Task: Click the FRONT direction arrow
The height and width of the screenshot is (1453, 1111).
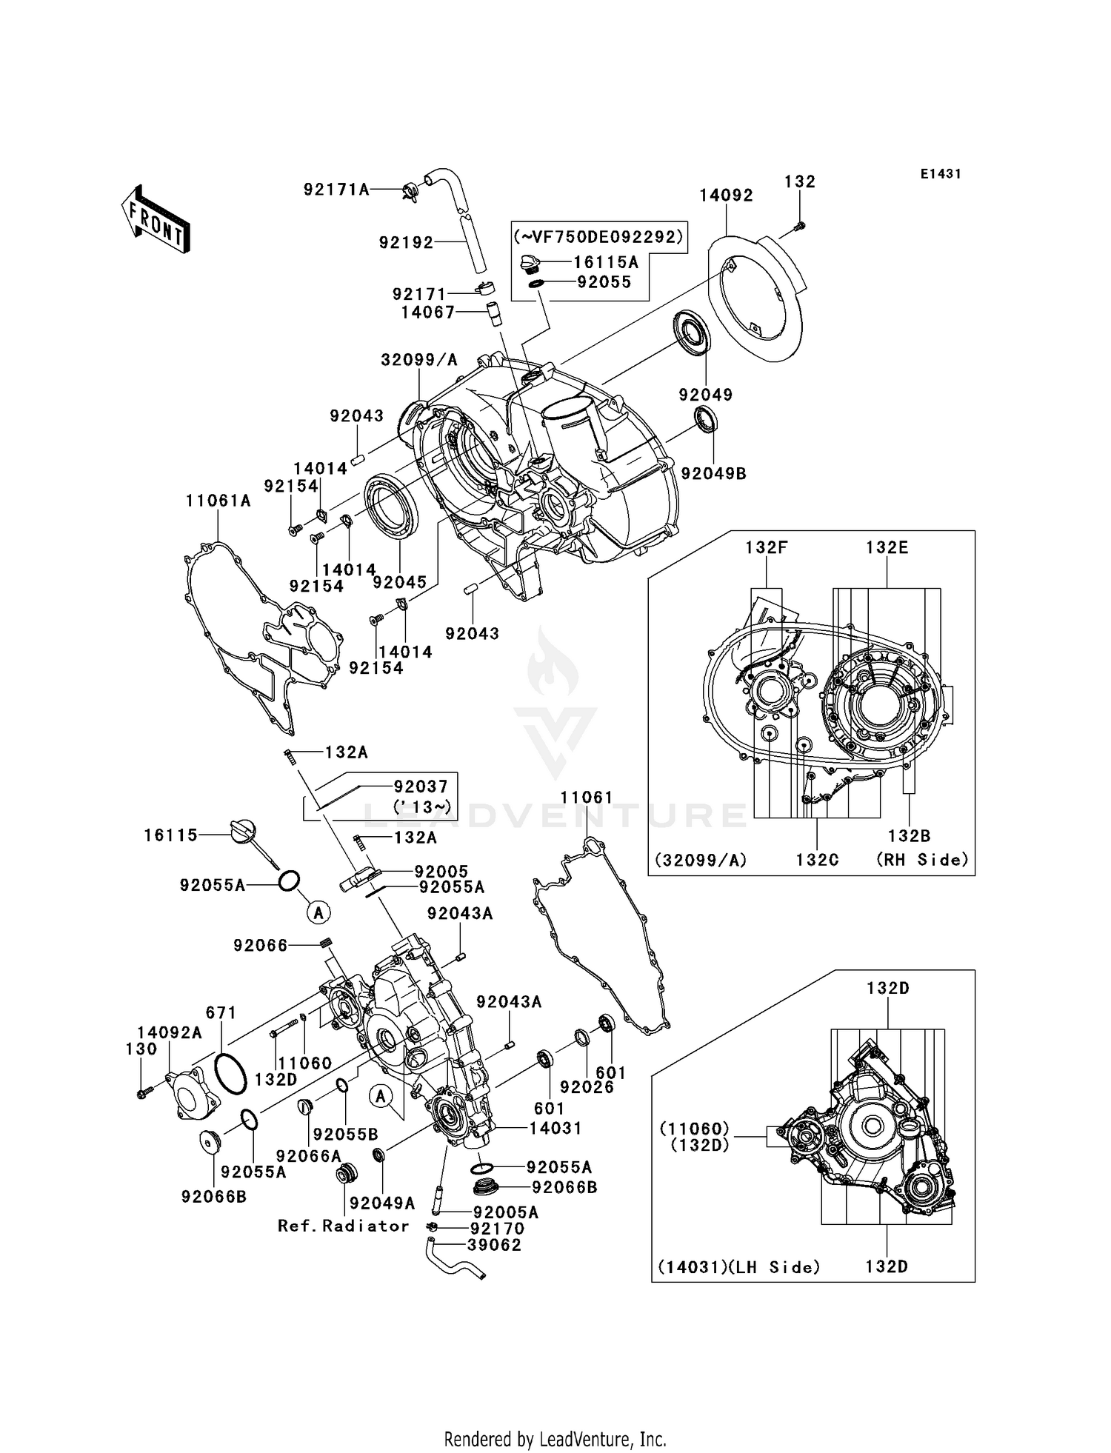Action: point(156,219)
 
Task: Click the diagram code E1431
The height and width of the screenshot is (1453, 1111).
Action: point(941,174)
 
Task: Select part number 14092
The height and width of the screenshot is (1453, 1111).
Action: point(726,196)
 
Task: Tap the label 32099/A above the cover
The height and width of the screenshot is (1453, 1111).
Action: point(419,361)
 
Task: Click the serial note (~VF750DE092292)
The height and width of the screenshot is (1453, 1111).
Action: point(598,237)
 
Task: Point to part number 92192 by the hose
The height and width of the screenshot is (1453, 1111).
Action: point(406,243)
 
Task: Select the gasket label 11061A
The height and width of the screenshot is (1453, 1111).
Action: point(218,501)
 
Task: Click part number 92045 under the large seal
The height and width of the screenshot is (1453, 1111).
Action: point(400,583)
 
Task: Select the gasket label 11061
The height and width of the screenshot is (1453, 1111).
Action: point(587,798)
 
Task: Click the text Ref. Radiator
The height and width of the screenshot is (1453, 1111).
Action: point(343,1226)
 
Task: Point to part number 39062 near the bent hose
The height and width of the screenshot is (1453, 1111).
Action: point(494,1245)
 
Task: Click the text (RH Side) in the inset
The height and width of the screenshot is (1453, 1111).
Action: point(922,860)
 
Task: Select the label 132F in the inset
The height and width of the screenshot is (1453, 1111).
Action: point(766,548)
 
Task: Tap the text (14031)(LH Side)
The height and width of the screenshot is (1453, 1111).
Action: point(738,1267)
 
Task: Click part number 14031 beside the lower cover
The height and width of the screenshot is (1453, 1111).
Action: point(555,1128)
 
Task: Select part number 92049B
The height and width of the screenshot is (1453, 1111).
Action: point(713,473)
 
